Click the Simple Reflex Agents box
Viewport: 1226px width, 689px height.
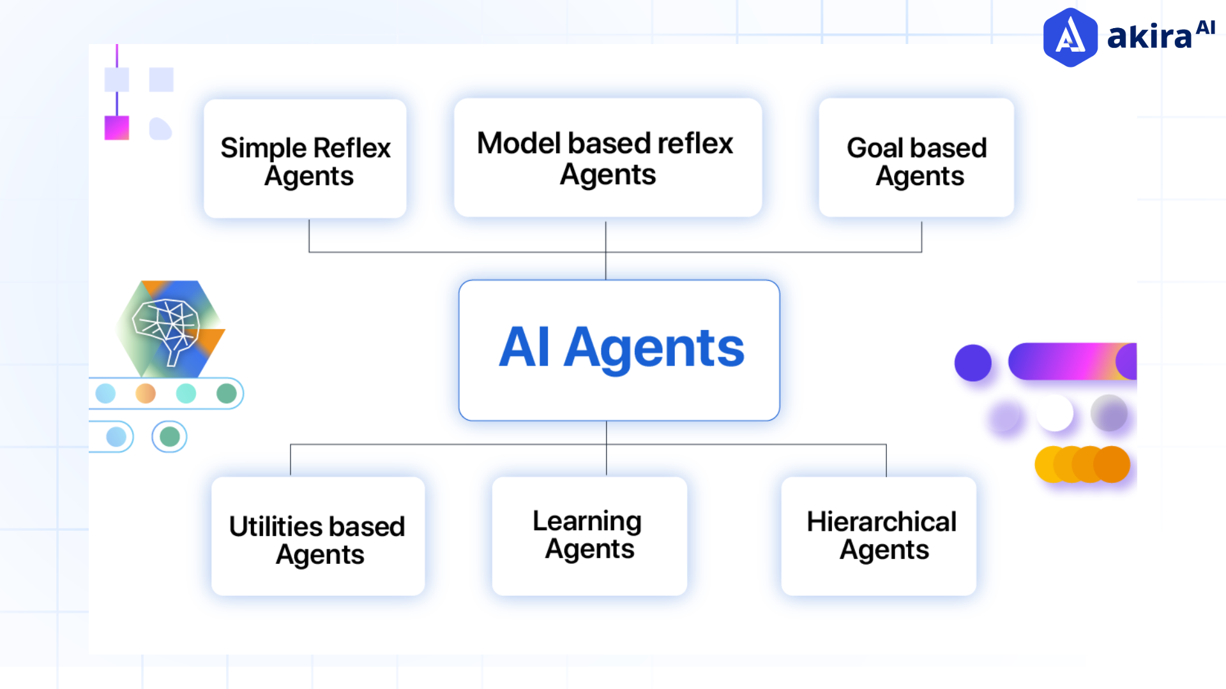(305, 159)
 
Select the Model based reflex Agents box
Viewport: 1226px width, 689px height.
(607, 158)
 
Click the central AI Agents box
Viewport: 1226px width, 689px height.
(619, 350)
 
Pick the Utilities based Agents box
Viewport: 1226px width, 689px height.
(317, 537)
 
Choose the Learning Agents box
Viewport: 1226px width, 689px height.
(589, 536)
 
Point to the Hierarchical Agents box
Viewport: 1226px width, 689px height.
(879, 536)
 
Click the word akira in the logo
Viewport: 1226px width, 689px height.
(1149, 37)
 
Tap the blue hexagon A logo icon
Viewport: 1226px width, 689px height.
(1070, 37)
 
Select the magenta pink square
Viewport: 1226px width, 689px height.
(117, 128)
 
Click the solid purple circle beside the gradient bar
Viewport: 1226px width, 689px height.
(972, 362)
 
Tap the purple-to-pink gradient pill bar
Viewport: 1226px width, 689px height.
(1066, 361)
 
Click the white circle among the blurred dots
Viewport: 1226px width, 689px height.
(1055, 413)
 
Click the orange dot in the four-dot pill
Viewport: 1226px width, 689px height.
(146, 393)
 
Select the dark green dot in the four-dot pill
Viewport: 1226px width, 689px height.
(226, 393)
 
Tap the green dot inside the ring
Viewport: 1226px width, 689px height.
(169, 437)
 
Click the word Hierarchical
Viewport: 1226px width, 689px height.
(881, 522)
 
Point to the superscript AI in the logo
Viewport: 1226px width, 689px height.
(1205, 27)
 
